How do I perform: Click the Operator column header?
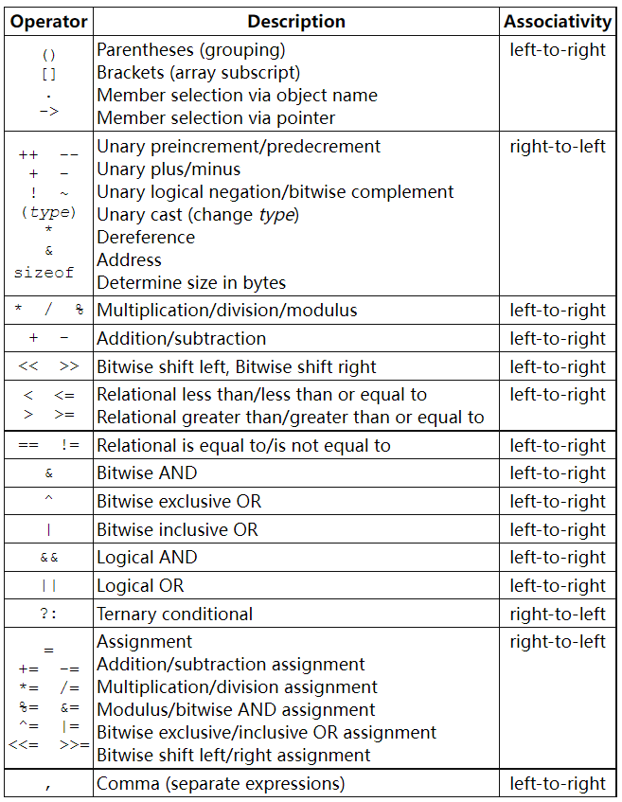48,21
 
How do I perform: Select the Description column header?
296,21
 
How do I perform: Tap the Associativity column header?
558,21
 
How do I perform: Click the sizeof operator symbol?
44,273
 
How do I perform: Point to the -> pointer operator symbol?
49,111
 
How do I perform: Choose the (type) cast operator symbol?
48,212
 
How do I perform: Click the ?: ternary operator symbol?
49,614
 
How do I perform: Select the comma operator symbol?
49,783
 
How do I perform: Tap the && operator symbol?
49,558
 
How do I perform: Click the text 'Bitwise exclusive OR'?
179,501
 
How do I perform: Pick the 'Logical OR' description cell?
140,585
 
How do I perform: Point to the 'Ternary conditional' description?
175,614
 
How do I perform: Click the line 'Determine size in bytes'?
191,282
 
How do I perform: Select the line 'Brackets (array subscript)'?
199,72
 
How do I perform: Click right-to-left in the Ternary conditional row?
558,614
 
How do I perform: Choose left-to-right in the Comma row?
558,783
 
